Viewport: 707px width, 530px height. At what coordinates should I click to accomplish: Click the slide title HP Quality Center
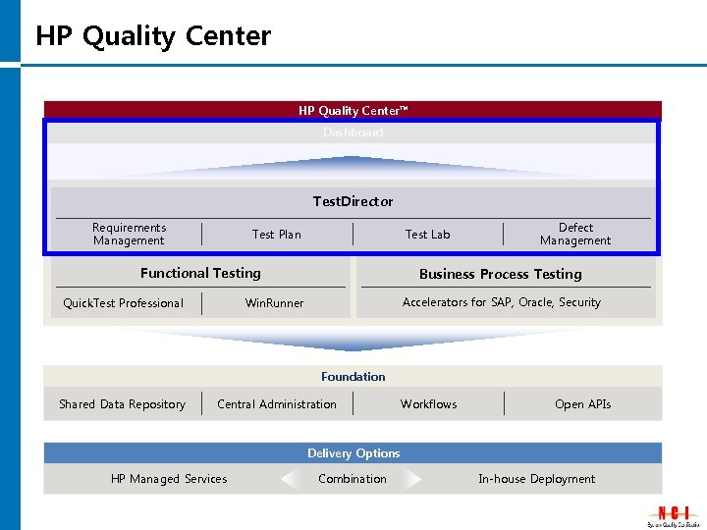click(x=153, y=36)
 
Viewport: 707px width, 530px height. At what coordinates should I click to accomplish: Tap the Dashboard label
click(x=353, y=132)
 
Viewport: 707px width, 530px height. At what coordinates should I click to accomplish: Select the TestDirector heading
click(x=353, y=201)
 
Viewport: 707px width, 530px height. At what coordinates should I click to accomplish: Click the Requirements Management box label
click(x=129, y=234)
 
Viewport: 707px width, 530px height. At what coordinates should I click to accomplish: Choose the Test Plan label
click(x=277, y=234)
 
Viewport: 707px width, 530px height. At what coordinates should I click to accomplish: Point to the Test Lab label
click(x=428, y=234)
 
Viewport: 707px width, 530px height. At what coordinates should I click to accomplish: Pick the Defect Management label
click(x=575, y=234)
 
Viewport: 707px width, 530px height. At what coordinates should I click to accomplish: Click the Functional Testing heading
click(x=200, y=273)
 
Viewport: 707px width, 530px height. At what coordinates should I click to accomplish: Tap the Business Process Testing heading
click(x=501, y=274)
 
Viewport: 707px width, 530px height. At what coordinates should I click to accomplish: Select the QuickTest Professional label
click(x=123, y=302)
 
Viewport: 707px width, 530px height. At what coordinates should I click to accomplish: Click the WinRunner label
click(x=274, y=302)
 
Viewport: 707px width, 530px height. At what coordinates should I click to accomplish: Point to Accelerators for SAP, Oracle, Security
click(x=502, y=302)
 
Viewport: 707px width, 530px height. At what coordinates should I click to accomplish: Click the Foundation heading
click(x=353, y=376)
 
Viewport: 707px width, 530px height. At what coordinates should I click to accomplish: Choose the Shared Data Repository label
click(x=122, y=404)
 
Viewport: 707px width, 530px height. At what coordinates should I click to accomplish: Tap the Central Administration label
click(x=277, y=404)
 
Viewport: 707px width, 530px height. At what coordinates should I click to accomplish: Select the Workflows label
click(x=429, y=404)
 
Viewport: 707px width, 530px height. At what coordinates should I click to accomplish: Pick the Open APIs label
click(x=583, y=404)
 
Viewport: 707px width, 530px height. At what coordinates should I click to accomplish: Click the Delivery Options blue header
click(x=353, y=453)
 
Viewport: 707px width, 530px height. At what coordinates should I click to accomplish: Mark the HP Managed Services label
click(x=169, y=479)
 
